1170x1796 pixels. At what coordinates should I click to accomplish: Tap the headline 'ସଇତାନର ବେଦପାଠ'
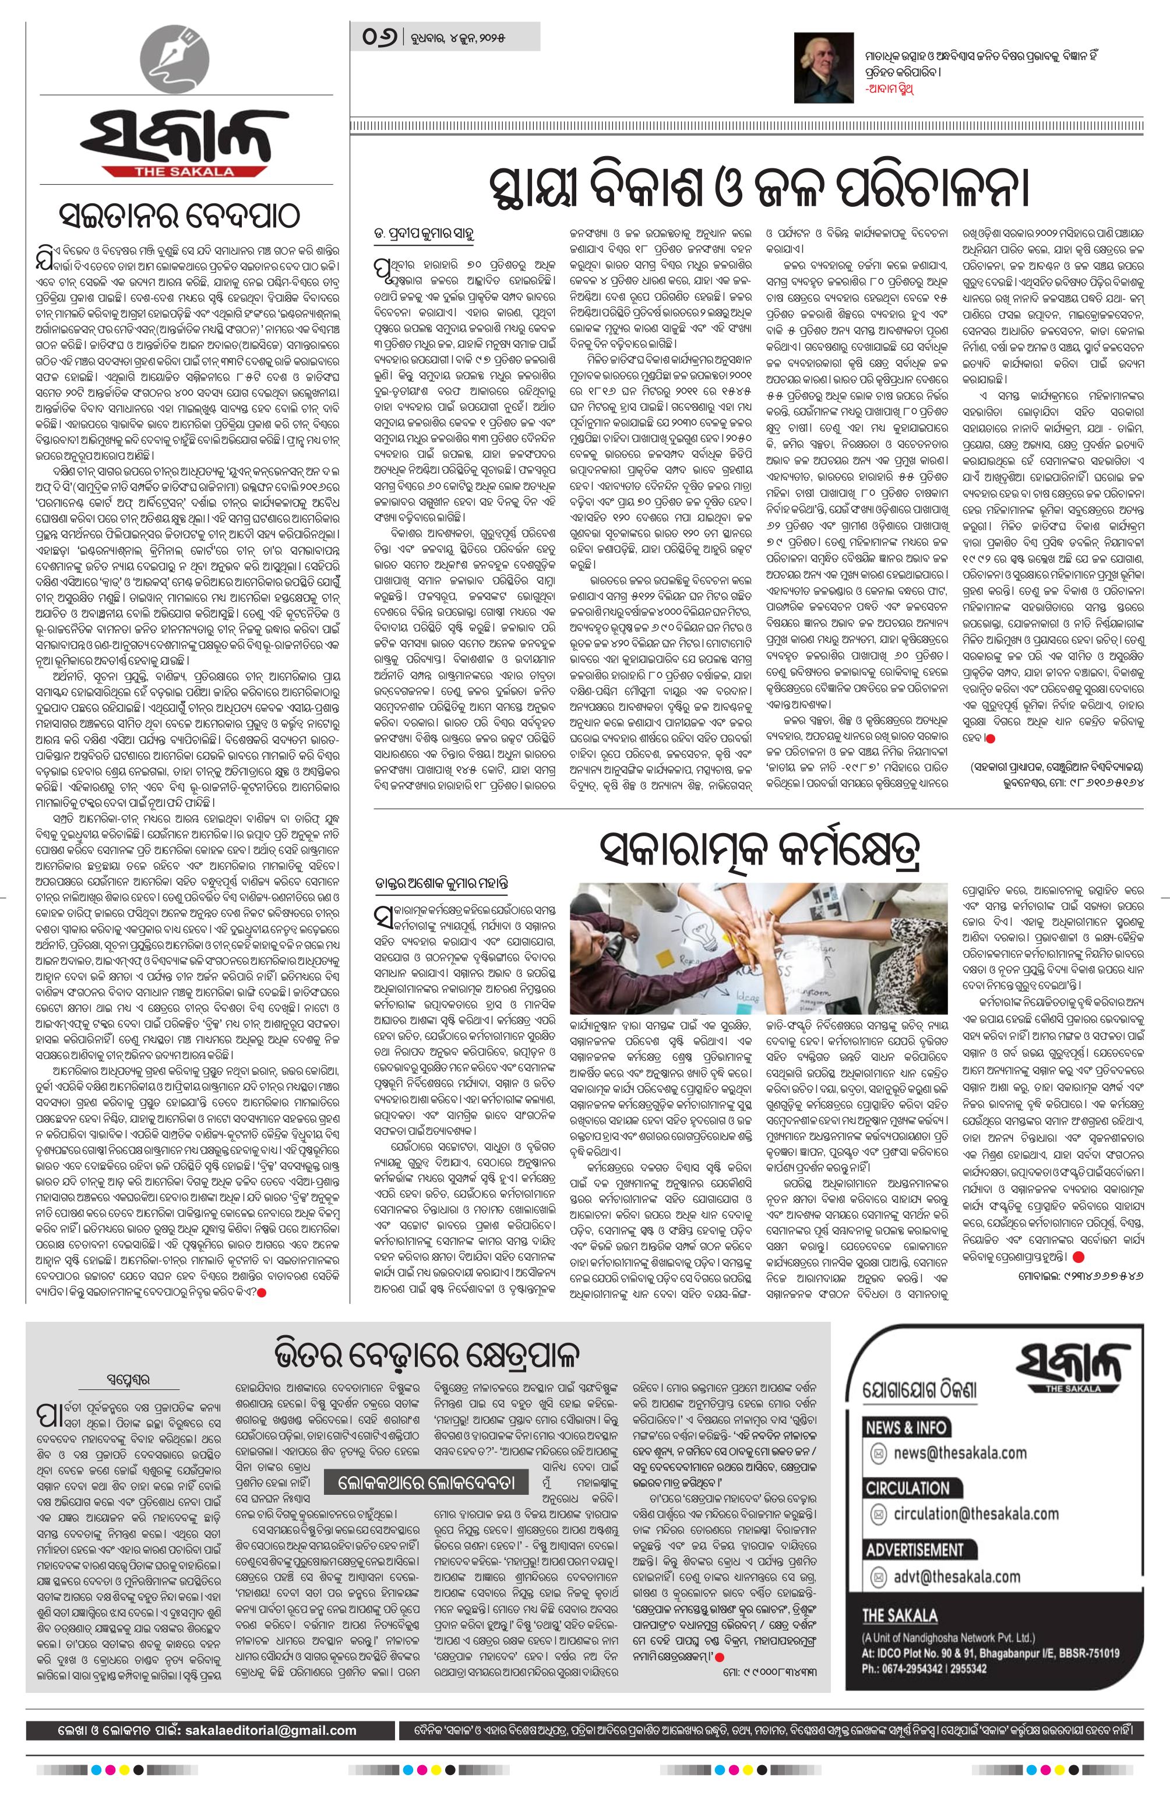tap(179, 218)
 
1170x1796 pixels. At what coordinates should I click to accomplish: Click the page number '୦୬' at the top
tap(379, 36)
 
